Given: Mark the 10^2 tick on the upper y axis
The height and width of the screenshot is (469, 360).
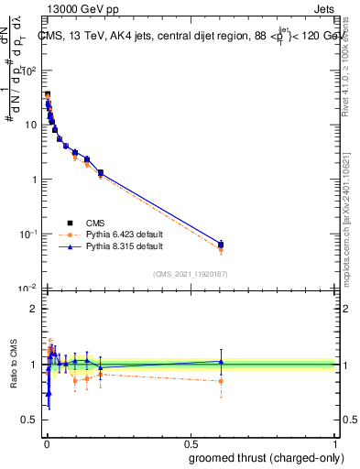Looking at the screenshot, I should (x=29, y=70).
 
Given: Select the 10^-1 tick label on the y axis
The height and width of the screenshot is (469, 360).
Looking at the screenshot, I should (x=27, y=234).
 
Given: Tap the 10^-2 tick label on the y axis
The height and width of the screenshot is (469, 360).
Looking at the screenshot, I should (x=27, y=289).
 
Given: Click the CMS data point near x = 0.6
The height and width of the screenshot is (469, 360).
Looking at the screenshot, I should (x=221, y=245).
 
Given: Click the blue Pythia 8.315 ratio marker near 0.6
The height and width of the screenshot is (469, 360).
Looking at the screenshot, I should (x=221, y=361).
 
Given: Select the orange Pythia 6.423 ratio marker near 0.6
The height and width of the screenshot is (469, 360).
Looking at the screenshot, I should (x=221, y=381).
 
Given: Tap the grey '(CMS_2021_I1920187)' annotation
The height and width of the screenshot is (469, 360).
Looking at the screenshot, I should (x=191, y=273).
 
